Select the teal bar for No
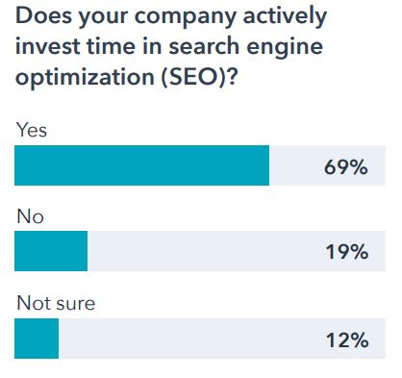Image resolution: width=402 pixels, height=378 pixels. tap(51, 253)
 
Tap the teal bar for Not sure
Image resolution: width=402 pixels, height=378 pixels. tap(37, 340)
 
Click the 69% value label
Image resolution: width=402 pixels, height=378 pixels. tap(345, 166)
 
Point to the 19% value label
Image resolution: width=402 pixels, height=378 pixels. tap(345, 253)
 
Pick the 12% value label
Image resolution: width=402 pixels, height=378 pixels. tap(345, 340)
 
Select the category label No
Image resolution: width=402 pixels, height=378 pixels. tap(30, 217)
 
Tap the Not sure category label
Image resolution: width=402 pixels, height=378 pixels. tap(56, 304)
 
